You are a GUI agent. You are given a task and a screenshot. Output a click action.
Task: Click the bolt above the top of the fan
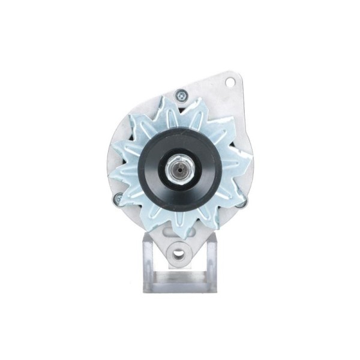[181, 94]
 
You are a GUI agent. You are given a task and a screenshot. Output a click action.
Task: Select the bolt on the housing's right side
[241, 203]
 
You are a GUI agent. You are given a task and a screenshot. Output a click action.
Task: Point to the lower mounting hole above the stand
[178, 253]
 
